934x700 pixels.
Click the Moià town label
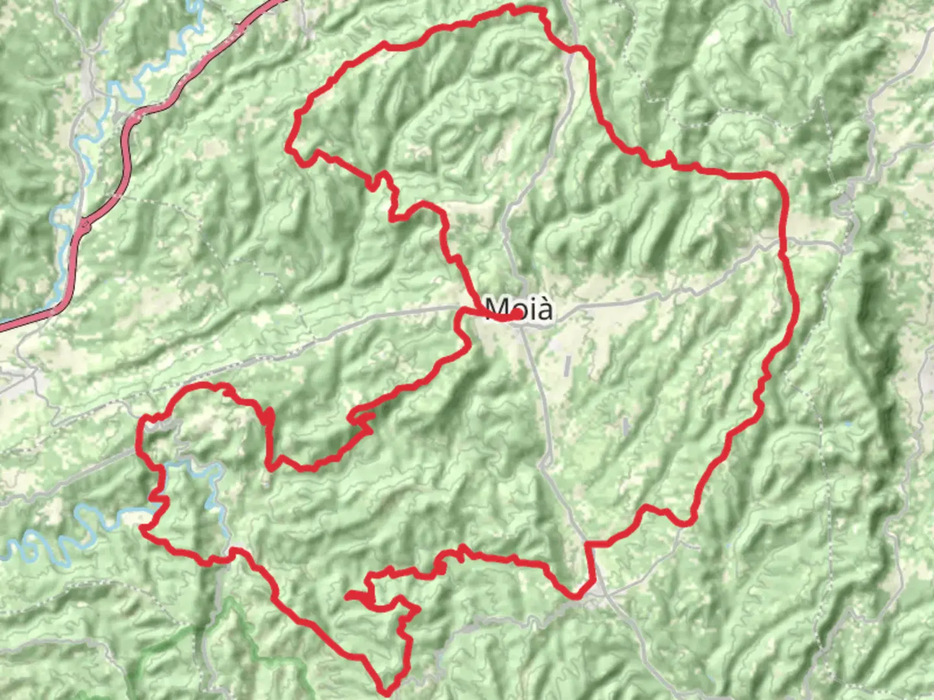coord(519,309)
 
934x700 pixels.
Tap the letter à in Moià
coord(545,309)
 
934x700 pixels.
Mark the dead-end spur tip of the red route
coord(348,594)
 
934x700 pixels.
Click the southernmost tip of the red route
coord(387,692)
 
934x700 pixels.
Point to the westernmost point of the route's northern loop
coord(288,149)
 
